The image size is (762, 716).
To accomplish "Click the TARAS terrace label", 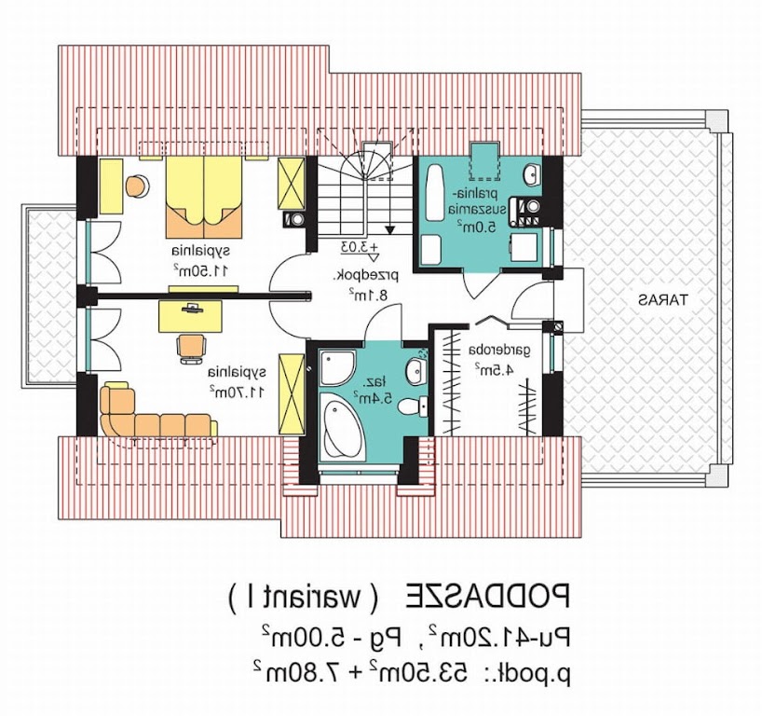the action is [x=663, y=299].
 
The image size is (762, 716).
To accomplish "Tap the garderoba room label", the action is [x=499, y=351].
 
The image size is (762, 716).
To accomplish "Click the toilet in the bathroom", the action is [x=413, y=406].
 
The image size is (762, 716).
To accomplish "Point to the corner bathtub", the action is [x=342, y=428].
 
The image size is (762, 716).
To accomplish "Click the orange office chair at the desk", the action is [x=191, y=348].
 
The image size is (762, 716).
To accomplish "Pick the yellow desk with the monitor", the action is [x=190, y=316].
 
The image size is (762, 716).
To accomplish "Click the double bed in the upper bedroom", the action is [x=204, y=197].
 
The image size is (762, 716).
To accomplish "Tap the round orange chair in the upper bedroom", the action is [x=137, y=186].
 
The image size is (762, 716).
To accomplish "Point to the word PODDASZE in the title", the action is [x=487, y=595].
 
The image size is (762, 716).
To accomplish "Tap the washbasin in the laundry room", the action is [x=532, y=175].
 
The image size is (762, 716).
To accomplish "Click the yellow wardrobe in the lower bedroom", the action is [x=292, y=393].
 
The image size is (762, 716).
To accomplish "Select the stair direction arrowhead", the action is [x=389, y=229].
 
